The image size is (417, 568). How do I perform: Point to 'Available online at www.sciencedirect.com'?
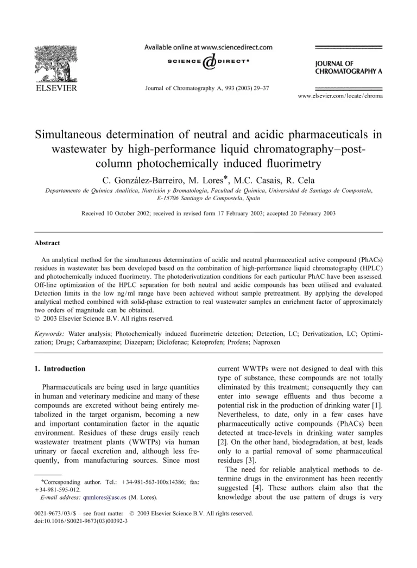point(208,47)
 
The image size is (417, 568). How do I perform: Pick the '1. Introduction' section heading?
point(59,369)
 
